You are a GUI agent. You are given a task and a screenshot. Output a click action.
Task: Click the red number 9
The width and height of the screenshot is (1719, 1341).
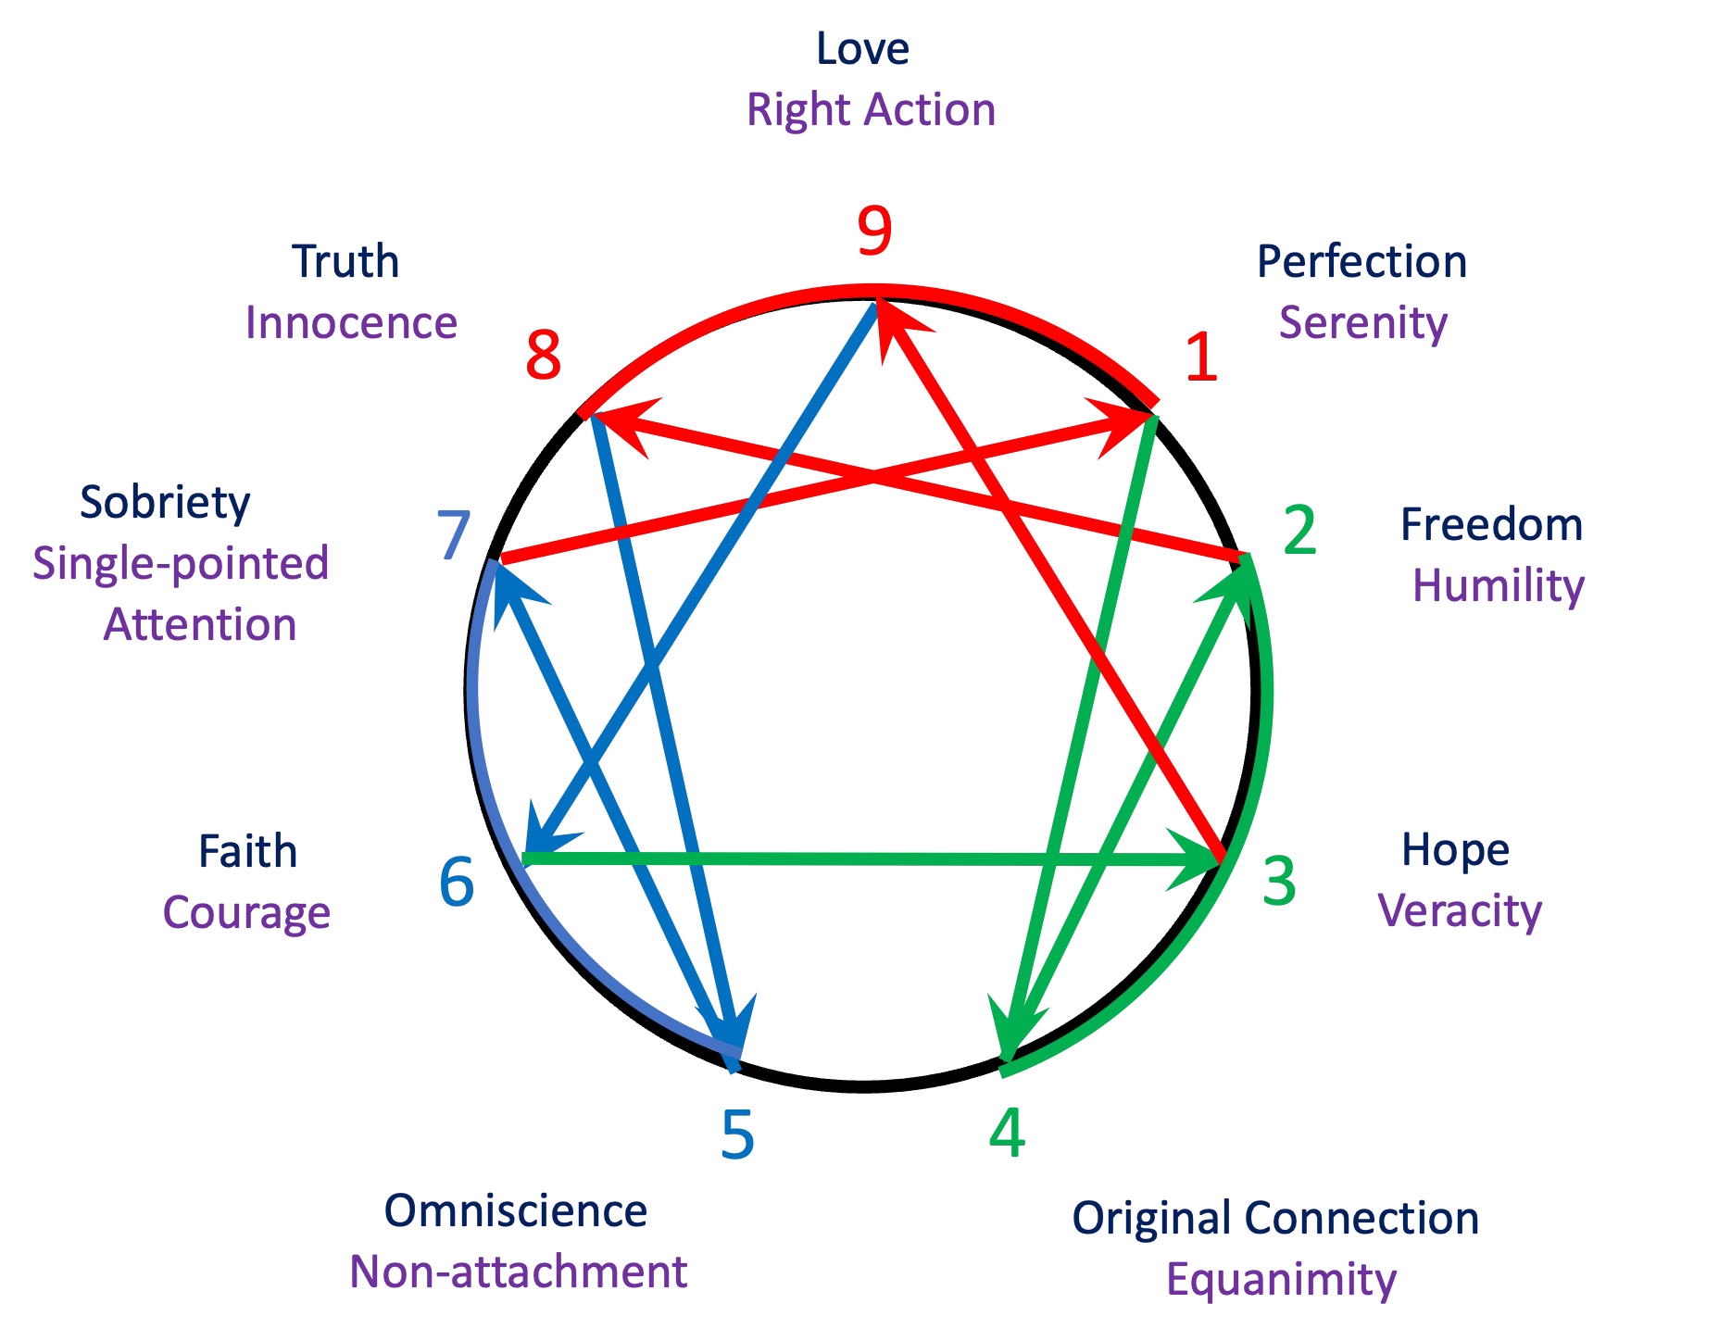(x=874, y=232)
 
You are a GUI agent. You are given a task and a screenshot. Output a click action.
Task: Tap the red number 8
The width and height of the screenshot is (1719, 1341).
(x=544, y=356)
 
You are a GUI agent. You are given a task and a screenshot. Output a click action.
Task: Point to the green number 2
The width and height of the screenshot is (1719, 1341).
(x=1300, y=531)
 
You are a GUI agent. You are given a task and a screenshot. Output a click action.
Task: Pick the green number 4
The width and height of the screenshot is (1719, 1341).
(x=1007, y=1134)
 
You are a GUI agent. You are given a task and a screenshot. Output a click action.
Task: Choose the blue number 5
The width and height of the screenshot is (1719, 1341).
(x=737, y=1134)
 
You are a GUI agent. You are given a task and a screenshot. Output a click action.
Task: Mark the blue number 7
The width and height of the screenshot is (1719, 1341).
(x=454, y=535)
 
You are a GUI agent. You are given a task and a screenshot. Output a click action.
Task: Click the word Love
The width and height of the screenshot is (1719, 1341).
(x=862, y=48)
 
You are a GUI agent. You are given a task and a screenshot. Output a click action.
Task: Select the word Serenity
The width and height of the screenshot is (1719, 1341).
(x=1362, y=323)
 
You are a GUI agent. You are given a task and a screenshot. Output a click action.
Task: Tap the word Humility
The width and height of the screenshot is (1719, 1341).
(x=1498, y=586)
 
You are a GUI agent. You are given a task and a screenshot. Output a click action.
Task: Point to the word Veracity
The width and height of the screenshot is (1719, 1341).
(x=1461, y=910)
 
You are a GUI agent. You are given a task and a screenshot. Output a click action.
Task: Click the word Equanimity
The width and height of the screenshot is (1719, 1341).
(x=1281, y=1280)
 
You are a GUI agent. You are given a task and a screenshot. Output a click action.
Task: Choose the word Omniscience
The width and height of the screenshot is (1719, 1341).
(x=515, y=1210)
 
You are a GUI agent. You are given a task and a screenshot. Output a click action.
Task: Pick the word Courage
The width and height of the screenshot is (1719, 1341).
(x=246, y=912)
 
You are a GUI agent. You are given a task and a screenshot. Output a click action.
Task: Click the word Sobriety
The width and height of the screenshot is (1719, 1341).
(x=165, y=502)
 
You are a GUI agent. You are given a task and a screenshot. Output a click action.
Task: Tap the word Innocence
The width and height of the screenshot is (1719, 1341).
(x=351, y=323)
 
